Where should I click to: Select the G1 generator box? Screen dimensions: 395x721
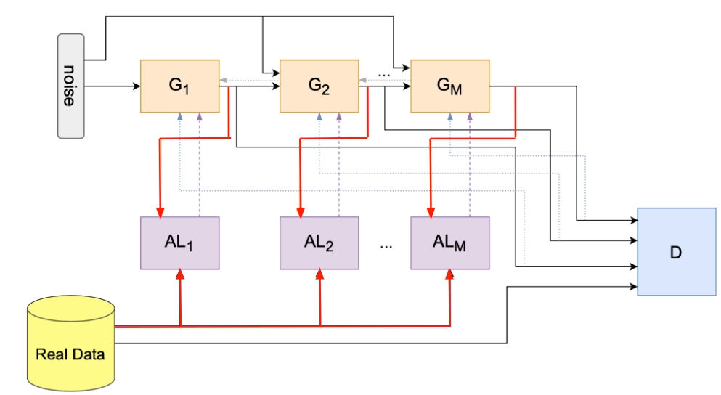(x=179, y=86)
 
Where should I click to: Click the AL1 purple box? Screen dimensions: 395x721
(x=179, y=243)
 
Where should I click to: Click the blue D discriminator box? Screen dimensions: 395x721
(x=676, y=252)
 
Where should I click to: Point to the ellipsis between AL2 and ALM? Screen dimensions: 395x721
(x=386, y=245)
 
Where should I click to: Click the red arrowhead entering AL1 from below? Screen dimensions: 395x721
(x=179, y=274)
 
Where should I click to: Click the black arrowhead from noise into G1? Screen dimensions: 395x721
(x=136, y=86)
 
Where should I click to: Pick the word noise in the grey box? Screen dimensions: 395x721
(x=69, y=86)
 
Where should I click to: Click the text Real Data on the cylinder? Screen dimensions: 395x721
(x=70, y=354)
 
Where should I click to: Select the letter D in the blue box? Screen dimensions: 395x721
(x=676, y=252)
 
